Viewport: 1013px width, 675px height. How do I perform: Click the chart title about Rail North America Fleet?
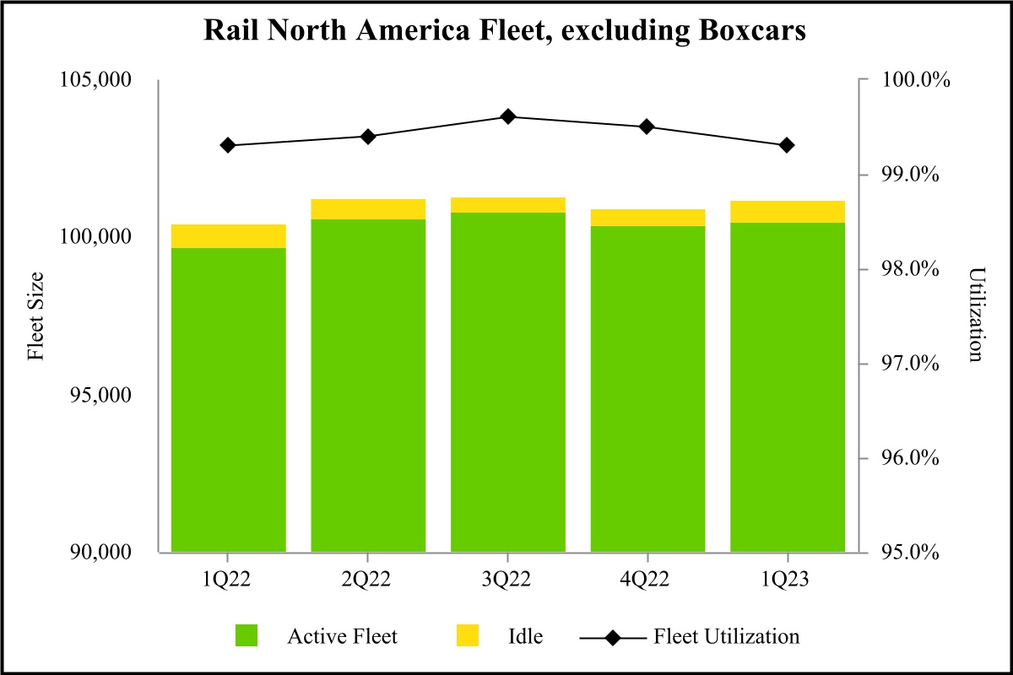[506, 32]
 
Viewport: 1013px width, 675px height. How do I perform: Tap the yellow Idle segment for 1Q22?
[228, 236]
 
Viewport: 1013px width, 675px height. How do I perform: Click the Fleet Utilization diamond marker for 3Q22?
[507, 116]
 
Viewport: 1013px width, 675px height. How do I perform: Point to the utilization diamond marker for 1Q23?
[787, 145]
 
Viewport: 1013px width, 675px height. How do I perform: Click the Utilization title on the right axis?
[977, 315]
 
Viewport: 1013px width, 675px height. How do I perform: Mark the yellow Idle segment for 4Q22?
[647, 218]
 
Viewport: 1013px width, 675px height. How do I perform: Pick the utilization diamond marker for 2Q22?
[367, 137]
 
